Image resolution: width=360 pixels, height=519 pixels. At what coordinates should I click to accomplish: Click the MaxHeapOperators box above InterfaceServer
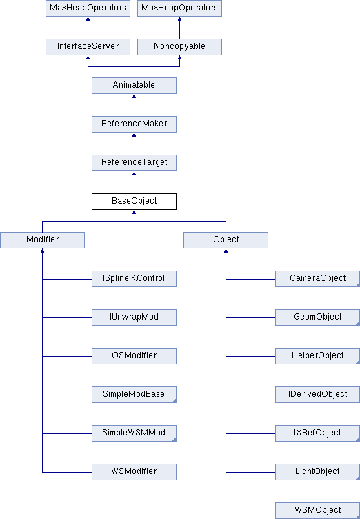[88, 8]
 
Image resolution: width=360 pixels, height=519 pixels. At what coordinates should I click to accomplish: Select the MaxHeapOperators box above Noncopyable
[180, 8]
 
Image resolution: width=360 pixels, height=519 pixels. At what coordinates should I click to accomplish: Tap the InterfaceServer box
[88, 47]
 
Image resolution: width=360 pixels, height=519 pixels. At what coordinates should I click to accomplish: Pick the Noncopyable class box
[180, 47]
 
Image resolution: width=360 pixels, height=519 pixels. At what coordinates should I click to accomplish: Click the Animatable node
[134, 86]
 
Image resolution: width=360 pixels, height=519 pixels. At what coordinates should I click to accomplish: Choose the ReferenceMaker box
[134, 124]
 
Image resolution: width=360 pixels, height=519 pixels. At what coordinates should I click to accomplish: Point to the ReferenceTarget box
[134, 163]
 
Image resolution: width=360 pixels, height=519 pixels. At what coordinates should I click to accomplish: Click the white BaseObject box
[134, 202]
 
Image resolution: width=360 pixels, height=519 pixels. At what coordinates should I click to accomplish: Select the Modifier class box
[42, 240]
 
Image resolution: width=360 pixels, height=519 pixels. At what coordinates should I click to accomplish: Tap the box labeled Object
[226, 240]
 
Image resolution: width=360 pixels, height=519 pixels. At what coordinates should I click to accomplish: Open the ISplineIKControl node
[134, 279]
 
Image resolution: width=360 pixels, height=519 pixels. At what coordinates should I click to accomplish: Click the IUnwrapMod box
[134, 317]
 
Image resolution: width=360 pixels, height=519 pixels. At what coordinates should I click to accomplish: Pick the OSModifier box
[134, 356]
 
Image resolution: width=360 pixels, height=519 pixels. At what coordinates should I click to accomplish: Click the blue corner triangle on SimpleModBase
[174, 401]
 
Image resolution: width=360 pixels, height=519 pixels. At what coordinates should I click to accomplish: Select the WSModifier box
[134, 472]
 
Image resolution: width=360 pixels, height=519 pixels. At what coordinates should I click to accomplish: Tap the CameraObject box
[318, 279]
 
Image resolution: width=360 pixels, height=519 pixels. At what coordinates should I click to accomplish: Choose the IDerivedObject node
[318, 395]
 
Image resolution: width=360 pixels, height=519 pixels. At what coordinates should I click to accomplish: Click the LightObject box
[318, 472]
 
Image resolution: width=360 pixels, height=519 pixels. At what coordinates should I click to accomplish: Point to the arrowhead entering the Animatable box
[134, 96]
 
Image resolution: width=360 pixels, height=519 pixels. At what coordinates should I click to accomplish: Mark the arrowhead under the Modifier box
[42, 251]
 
